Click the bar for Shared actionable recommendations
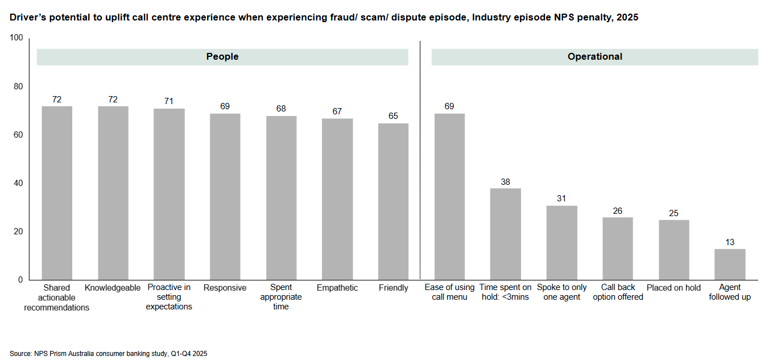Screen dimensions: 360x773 [57, 193]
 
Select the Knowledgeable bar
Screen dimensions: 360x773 [113, 193]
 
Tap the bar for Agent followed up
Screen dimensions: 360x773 [730, 264]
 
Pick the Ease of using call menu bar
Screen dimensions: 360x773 [449, 197]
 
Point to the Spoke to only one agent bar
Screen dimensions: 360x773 [561, 243]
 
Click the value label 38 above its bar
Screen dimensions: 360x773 [506, 181]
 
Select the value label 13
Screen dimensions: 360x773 [730, 242]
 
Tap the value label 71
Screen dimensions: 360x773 [169, 101]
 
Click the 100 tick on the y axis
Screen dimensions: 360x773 [16, 38]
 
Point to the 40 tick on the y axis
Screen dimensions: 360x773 [19, 183]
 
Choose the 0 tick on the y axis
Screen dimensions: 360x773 [20, 280]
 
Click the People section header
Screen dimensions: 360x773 [222, 57]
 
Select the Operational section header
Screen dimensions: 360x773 [594, 57]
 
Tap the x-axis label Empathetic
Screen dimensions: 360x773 [337, 288]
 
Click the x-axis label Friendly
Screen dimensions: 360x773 [394, 288]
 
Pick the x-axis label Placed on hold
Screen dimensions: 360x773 [673, 288]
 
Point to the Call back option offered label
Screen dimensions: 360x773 [618, 292]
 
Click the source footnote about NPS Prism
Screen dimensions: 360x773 [109, 353]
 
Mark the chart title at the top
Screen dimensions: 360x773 [324, 18]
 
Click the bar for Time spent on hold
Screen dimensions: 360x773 [506, 234]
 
